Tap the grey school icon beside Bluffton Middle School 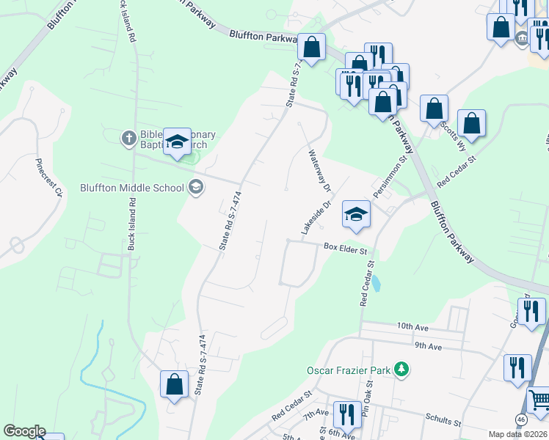point(195,188)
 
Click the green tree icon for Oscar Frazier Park point(401,370)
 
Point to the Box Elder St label point(345,249)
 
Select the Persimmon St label point(388,176)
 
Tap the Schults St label point(443,422)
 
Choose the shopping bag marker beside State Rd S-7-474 point(174,384)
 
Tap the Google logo point(24,431)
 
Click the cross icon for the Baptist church point(128,137)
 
